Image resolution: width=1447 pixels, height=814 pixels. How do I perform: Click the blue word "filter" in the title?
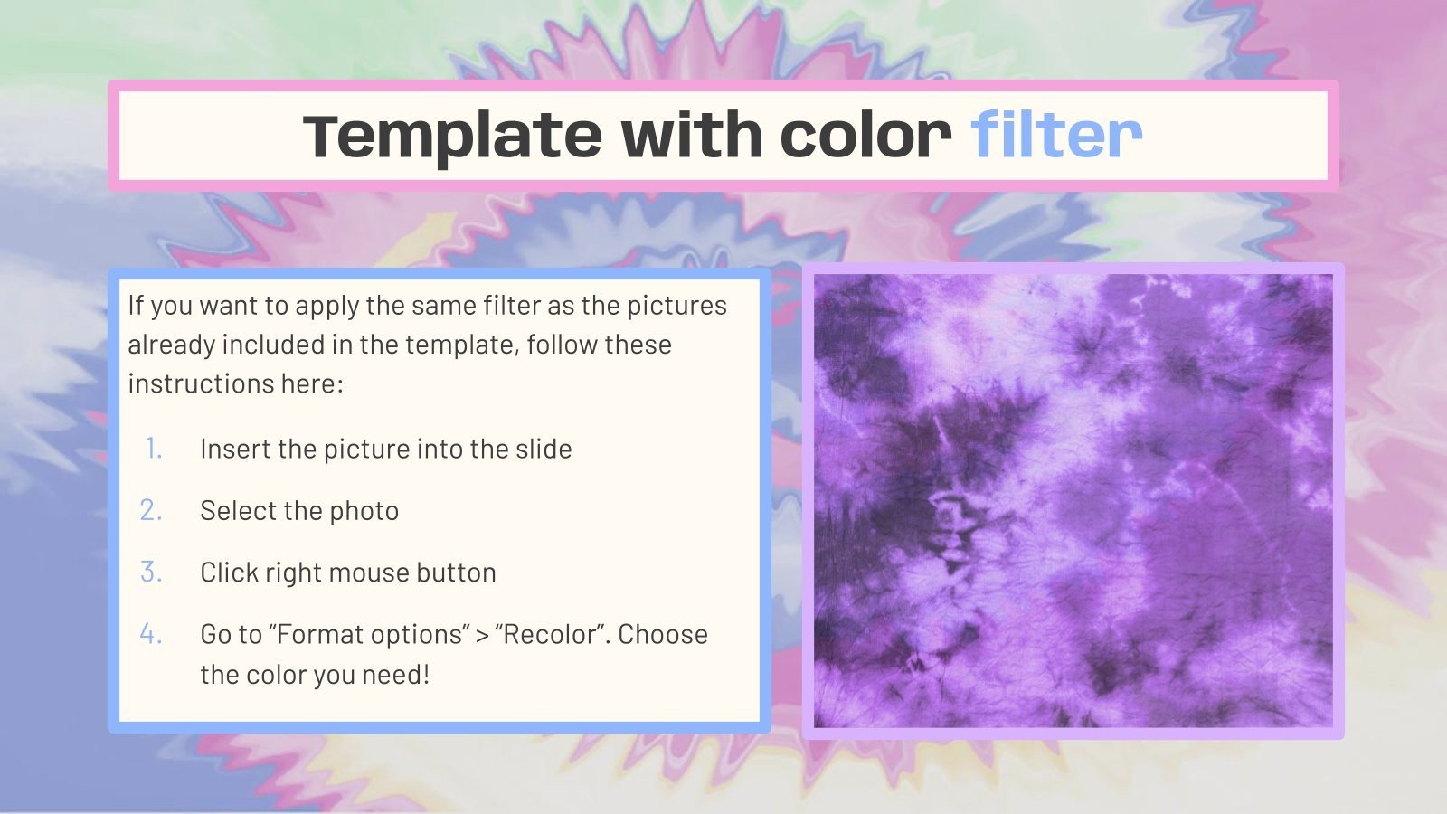tap(1055, 136)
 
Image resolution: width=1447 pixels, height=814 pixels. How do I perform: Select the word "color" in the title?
tap(865, 136)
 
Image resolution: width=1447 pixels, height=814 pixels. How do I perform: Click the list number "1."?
tap(153, 449)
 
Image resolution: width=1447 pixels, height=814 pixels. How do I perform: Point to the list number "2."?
tap(151, 510)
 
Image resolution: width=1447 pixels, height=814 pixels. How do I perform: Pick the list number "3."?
tap(151, 573)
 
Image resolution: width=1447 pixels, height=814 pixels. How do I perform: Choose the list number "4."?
tap(151, 634)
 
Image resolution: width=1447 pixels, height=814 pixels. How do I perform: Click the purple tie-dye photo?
tap(1073, 501)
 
